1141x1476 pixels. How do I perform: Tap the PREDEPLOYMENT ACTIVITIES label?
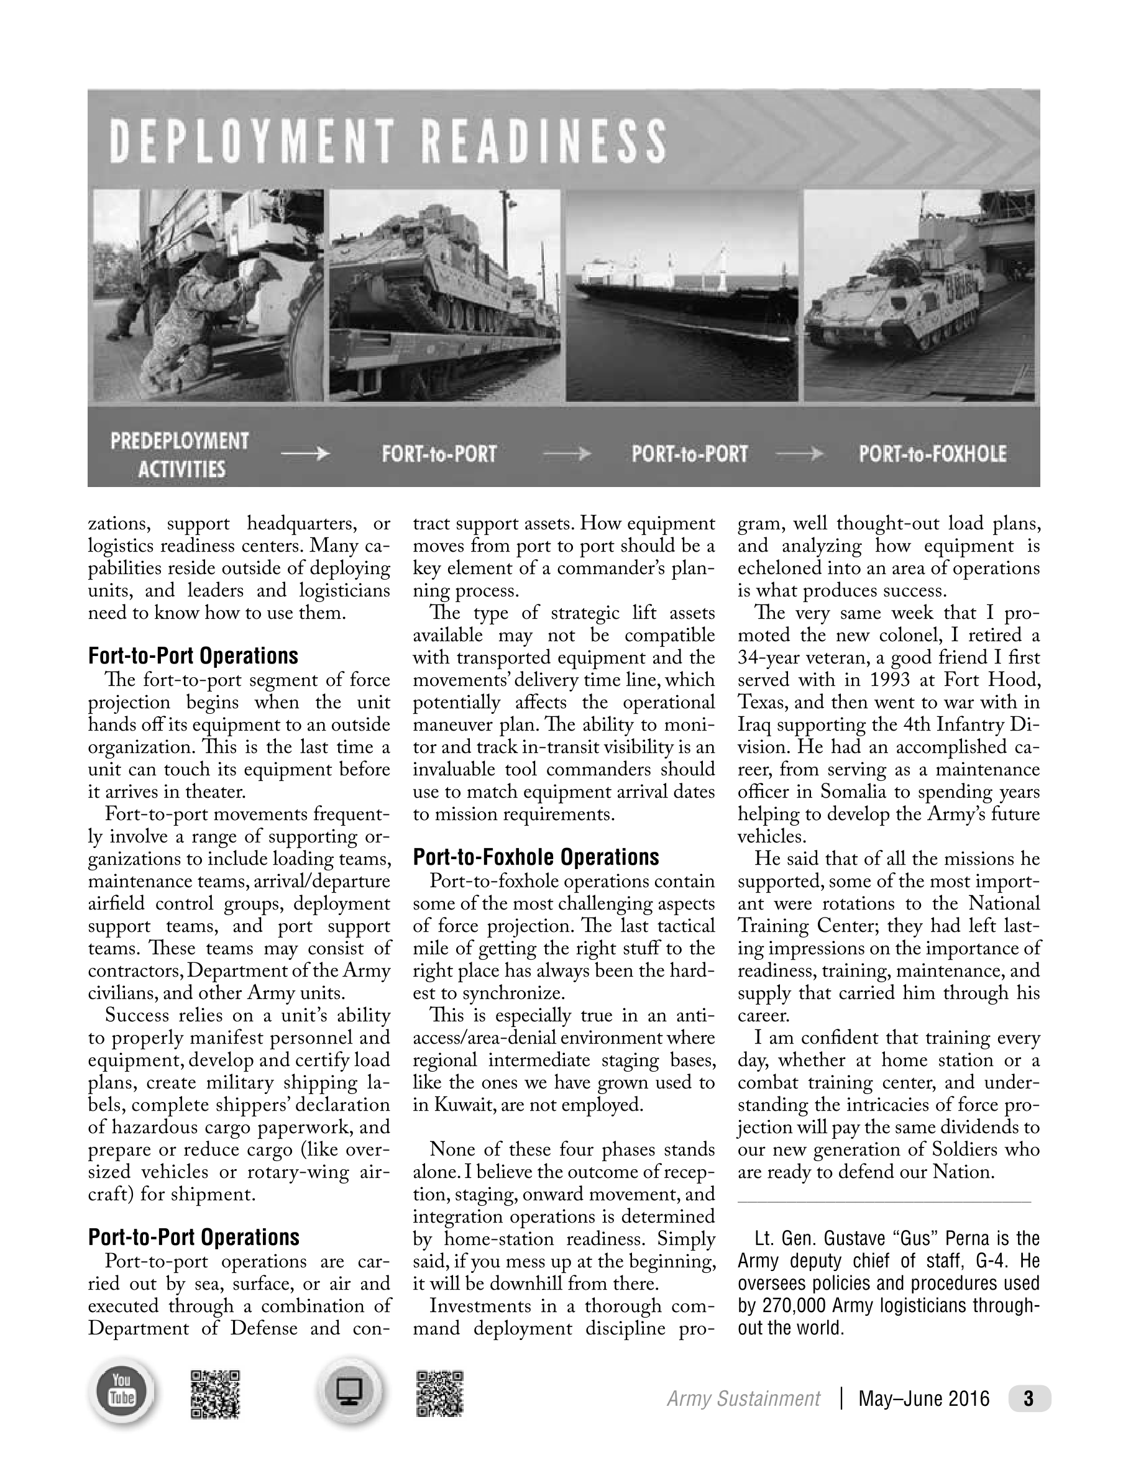pyautogui.click(x=180, y=454)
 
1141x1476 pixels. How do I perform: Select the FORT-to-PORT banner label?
pyautogui.click(x=439, y=454)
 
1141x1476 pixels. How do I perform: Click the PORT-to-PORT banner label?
pyautogui.click(x=689, y=454)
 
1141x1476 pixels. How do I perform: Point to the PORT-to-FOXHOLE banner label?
pyautogui.click(x=932, y=454)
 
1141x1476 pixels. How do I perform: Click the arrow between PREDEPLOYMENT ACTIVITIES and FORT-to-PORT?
pyautogui.click(x=305, y=455)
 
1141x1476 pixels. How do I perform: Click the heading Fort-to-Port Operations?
pyautogui.click(x=193, y=656)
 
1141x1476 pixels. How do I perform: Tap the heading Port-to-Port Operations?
pyautogui.click(x=193, y=1237)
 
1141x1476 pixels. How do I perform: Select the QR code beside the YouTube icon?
pyautogui.click(x=215, y=1393)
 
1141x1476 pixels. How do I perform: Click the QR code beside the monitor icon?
pyautogui.click(x=440, y=1393)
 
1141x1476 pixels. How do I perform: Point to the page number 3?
pyautogui.click(x=1029, y=1398)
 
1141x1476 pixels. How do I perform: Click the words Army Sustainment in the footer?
pyautogui.click(x=743, y=1399)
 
